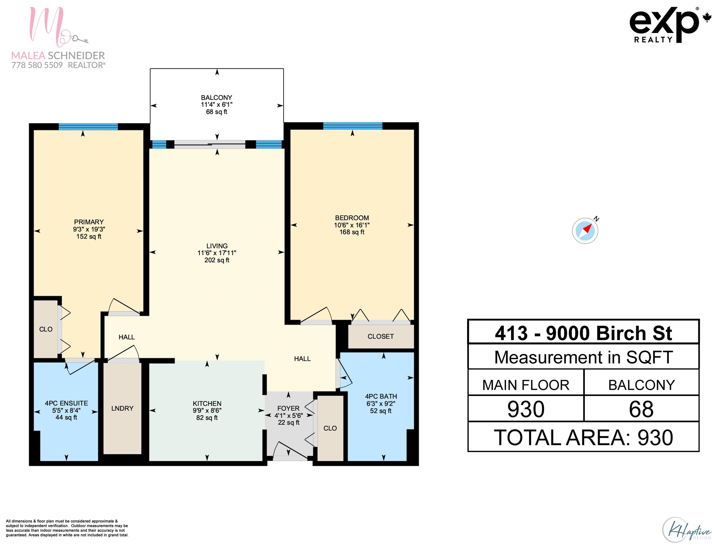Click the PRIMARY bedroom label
(89, 222)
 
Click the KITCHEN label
(207, 404)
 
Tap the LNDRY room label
(122, 409)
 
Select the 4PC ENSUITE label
(66, 403)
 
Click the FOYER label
(288, 409)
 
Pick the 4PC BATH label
(381, 396)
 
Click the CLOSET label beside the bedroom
(381, 336)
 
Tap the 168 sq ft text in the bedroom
(352, 232)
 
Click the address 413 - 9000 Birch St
(583, 333)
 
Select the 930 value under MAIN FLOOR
(526, 409)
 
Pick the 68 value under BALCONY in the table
(641, 409)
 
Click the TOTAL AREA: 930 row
(583, 438)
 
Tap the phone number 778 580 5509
(37, 65)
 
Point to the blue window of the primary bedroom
(88, 127)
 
